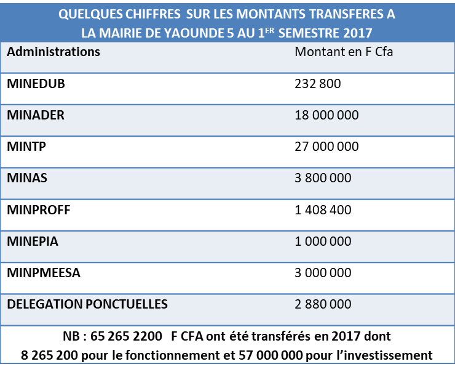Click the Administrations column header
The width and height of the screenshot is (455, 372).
click(x=53, y=52)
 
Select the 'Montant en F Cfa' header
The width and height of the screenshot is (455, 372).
click(x=344, y=52)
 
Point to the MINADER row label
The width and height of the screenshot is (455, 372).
click(x=36, y=115)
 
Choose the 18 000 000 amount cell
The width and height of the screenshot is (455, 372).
click(x=326, y=115)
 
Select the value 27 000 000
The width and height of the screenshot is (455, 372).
click(x=326, y=147)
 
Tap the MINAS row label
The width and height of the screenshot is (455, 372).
click(x=27, y=178)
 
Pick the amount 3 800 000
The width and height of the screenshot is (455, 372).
click(x=323, y=178)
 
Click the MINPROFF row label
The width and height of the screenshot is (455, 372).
click(x=39, y=210)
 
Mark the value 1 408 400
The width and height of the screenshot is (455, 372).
click(x=323, y=210)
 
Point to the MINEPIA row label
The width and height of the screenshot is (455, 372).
click(x=33, y=241)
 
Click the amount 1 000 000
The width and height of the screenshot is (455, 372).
click(x=323, y=241)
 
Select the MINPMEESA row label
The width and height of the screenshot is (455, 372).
click(x=44, y=273)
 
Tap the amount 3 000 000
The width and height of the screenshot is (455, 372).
click(x=323, y=273)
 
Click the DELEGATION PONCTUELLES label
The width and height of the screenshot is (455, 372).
click(x=87, y=304)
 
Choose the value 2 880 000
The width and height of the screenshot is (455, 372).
click(x=323, y=304)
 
